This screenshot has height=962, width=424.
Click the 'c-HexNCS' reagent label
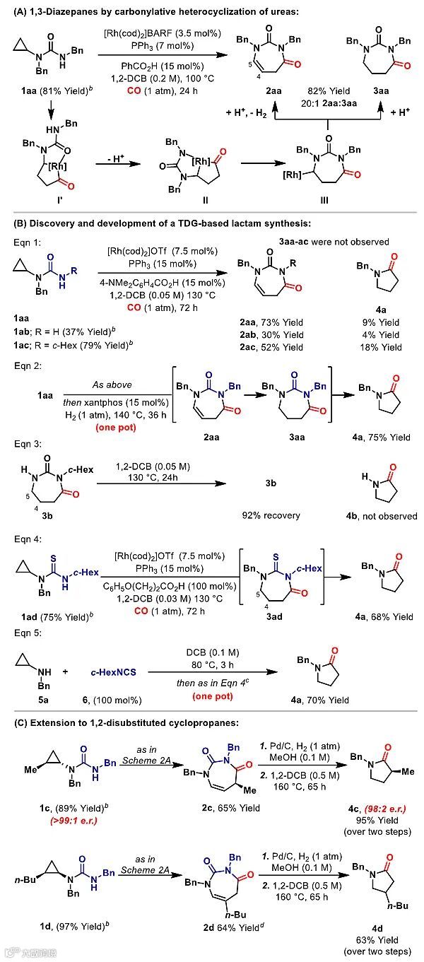[112, 662]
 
